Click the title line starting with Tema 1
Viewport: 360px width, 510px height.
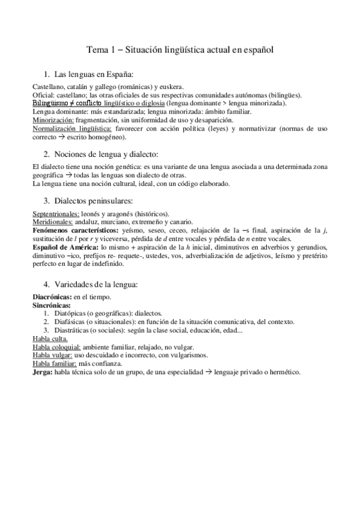click(x=180, y=50)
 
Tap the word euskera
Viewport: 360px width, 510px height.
click(x=171, y=87)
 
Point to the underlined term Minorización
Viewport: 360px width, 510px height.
click(x=53, y=120)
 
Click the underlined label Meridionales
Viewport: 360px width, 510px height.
click(x=52, y=222)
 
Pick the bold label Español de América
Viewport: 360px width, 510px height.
click(x=65, y=247)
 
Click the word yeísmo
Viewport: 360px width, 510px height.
click(x=134, y=230)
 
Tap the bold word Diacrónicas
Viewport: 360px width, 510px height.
click(x=51, y=297)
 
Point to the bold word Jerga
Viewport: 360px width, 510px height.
click(x=42, y=372)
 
